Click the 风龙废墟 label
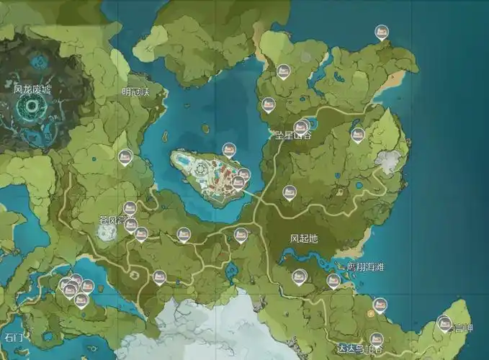32,90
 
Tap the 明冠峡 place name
135,91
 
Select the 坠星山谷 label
293,135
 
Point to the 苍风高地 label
117,217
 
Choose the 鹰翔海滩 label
365,267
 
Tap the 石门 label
14,336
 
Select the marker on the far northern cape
382,32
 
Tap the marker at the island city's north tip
228,149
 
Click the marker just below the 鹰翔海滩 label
333,280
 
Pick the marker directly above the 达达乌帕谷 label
376,338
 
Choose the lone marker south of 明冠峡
125,156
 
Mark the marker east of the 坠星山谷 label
357,134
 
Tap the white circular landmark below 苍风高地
108,232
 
